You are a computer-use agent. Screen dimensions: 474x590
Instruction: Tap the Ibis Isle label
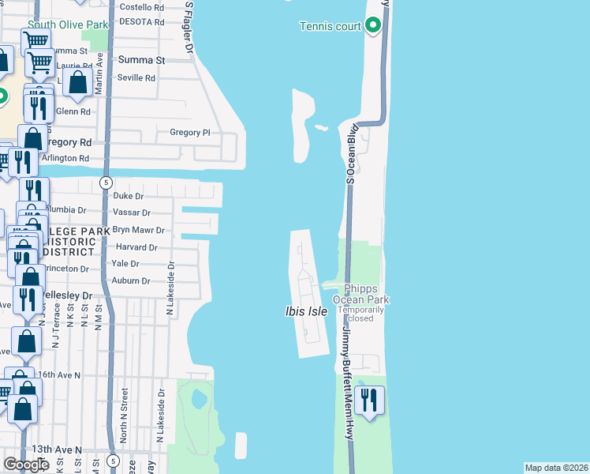coord(306,312)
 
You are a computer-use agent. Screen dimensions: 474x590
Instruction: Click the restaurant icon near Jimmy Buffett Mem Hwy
coord(369,401)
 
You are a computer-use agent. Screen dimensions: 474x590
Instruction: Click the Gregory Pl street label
coord(190,133)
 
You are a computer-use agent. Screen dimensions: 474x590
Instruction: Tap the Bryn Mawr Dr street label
coord(138,231)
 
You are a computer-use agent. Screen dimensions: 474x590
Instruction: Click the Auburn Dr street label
coord(131,280)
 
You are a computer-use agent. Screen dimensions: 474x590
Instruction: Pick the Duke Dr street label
coord(129,196)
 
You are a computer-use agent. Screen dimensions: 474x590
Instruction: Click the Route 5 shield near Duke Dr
coord(106,182)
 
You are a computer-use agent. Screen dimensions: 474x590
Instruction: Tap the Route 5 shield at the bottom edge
coord(114,461)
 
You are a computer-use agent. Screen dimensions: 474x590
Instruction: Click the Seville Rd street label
coord(136,78)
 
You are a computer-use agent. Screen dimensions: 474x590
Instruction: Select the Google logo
coord(25,465)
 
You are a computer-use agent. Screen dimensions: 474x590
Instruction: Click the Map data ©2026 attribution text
coord(557,468)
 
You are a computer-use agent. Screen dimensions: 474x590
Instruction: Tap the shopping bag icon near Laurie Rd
coord(78,82)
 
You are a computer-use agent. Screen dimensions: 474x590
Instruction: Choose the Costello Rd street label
coord(141,6)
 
